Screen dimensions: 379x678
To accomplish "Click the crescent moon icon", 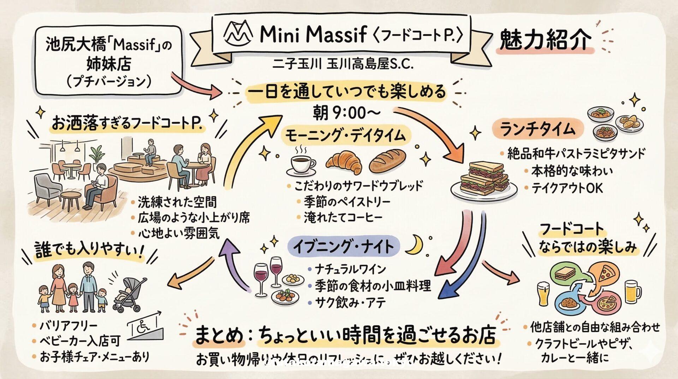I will [x=414, y=245].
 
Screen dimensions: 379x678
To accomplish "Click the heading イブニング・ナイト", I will [x=343, y=246].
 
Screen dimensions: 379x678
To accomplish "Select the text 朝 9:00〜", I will [x=346, y=113].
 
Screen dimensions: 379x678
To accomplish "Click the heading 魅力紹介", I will [x=545, y=40].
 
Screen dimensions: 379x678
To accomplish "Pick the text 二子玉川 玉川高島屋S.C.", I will [x=343, y=64].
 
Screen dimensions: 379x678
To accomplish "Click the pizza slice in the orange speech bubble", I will [x=606, y=274].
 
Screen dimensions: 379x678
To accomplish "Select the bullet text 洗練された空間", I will [x=177, y=202].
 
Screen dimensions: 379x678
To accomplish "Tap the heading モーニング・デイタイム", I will [x=345, y=136].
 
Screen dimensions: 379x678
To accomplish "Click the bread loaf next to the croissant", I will [x=387, y=161].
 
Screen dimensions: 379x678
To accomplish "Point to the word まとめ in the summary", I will [x=219, y=335].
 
